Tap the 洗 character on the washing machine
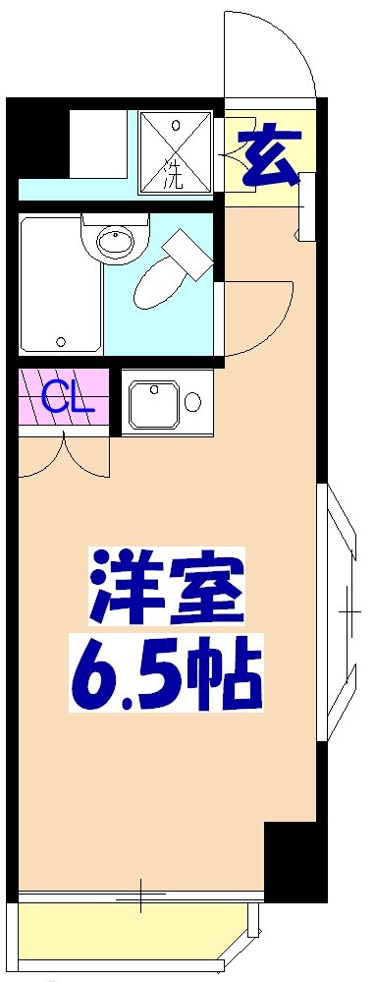pyautogui.click(x=174, y=179)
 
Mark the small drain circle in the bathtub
pyautogui.click(x=61, y=342)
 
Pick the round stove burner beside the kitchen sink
pyautogui.click(x=192, y=402)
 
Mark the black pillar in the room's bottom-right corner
pyautogui.click(x=295, y=859)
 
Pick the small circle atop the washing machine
pyautogui.click(x=176, y=126)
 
